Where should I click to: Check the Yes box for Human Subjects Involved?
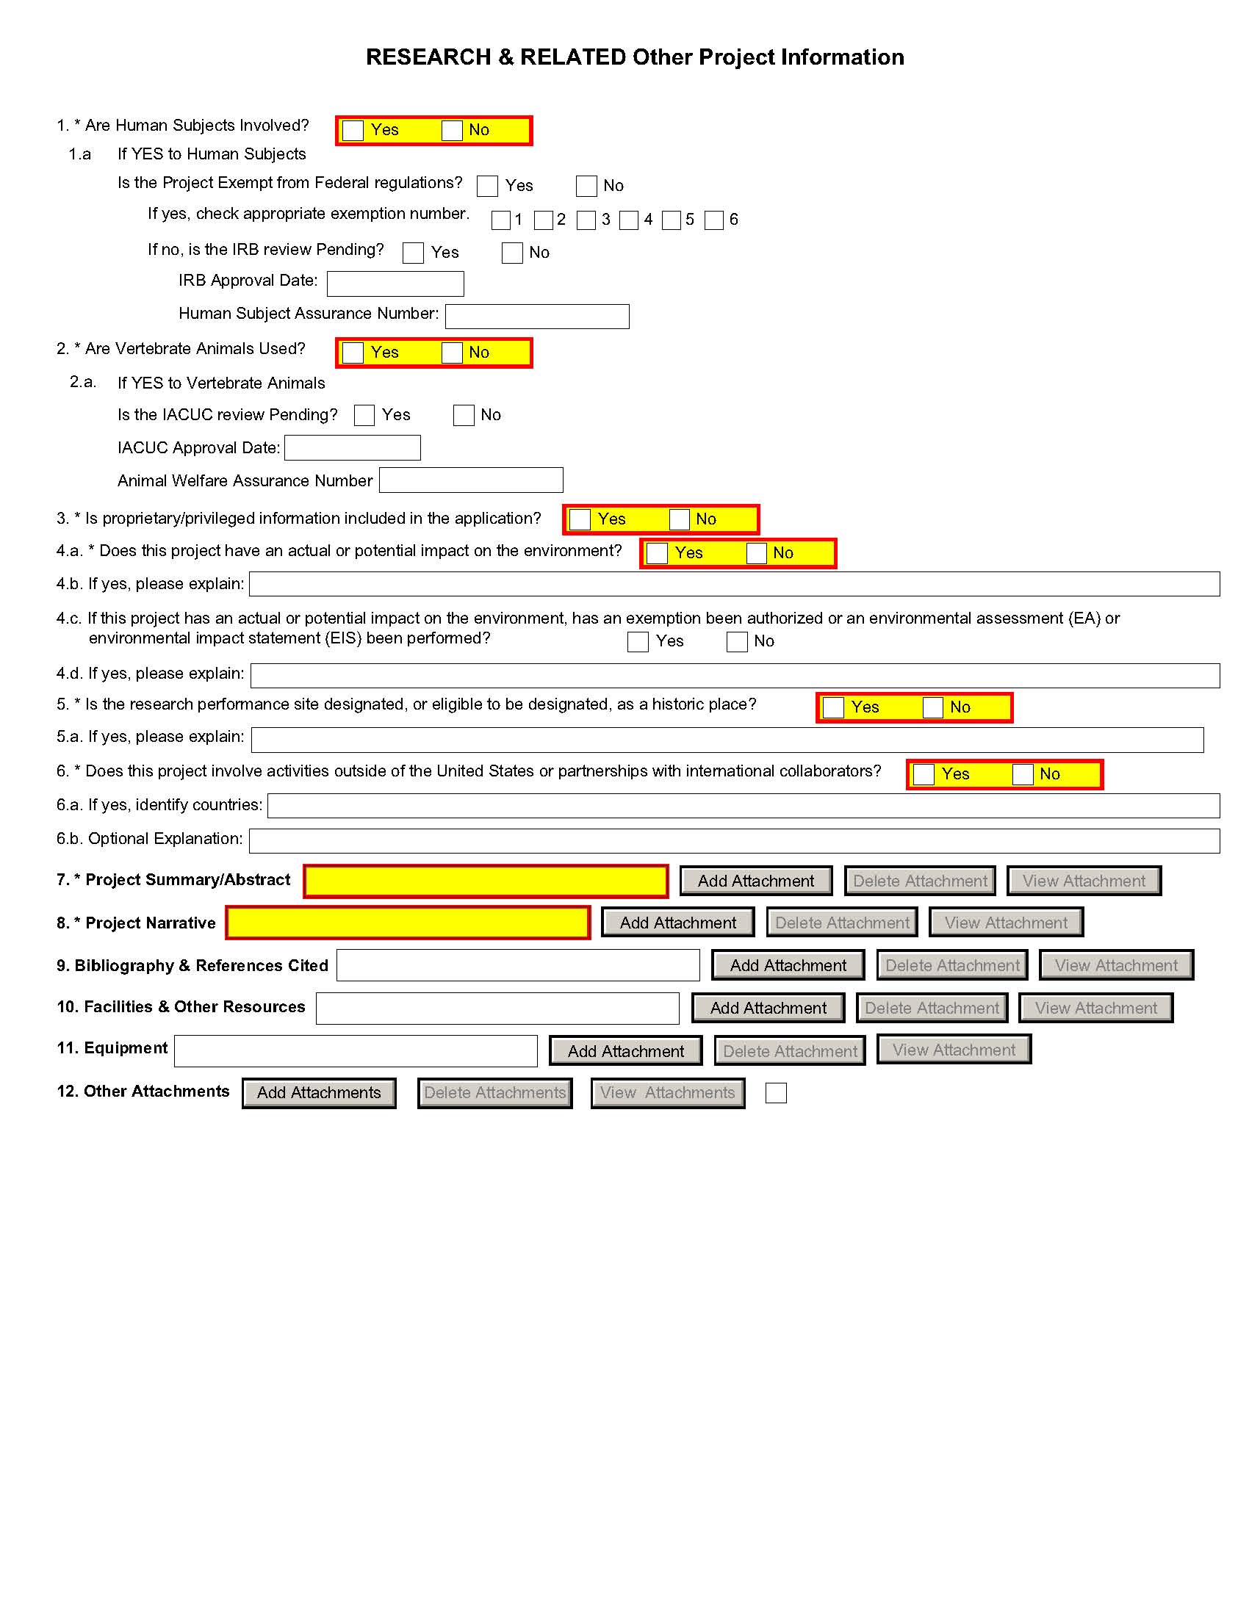[353, 131]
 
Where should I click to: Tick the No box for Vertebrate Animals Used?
[452, 353]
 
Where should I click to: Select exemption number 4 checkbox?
[629, 220]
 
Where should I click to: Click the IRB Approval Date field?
[395, 284]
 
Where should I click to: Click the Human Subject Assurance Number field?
[537, 317]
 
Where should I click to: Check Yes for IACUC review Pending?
[364, 416]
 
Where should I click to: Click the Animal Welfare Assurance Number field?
[471, 480]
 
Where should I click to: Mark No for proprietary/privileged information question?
[680, 519]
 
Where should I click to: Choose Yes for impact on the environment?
[657, 553]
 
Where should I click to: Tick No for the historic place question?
[933, 707]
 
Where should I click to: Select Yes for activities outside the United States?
[924, 775]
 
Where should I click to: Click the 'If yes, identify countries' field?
[743, 806]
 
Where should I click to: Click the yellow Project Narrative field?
[408, 923]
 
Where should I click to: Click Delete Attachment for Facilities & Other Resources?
[932, 1008]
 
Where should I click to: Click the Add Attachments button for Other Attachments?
[319, 1093]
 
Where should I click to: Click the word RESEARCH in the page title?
[428, 58]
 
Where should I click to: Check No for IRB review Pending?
[512, 253]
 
